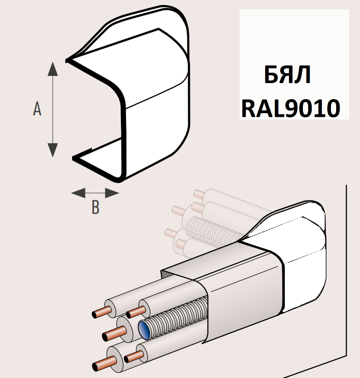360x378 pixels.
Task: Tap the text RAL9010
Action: [x=290, y=108]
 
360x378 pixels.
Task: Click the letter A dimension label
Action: [x=37, y=109]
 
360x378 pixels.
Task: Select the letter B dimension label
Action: [x=95, y=208]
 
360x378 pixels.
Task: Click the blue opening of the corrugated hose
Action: [x=144, y=329]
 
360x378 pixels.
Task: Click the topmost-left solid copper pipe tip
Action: [x=96, y=314]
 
